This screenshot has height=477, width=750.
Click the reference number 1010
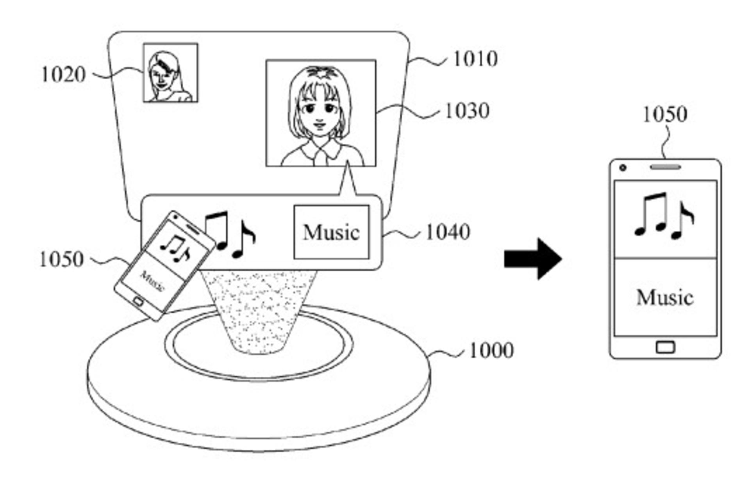[x=475, y=59]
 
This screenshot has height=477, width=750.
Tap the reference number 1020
[x=63, y=74]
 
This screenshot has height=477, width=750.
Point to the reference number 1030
[x=467, y=110]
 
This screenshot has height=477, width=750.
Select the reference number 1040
[x=448, y=232]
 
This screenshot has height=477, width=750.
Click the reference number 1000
[x=491, y=350]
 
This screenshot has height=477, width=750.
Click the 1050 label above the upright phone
[x=665, y=114]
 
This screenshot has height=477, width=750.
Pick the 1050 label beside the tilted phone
[x=62, y=259]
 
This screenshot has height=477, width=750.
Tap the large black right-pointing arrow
[x=533, y=259]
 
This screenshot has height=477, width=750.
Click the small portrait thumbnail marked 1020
[x=171, y=73]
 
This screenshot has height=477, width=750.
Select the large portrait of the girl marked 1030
[x=321, y=113]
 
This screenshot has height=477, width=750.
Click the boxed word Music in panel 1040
[x=331, y=232]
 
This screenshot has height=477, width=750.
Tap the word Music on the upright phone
[x=665, y=297]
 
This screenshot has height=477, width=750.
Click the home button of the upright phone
[x=665, y=347]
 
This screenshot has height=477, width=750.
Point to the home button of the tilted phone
[x=138, y=301]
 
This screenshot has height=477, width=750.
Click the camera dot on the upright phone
[x=623, y=168]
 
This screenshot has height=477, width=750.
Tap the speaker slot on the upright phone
[x=666, y=167]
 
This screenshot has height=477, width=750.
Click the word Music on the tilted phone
[x=152, y=281]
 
